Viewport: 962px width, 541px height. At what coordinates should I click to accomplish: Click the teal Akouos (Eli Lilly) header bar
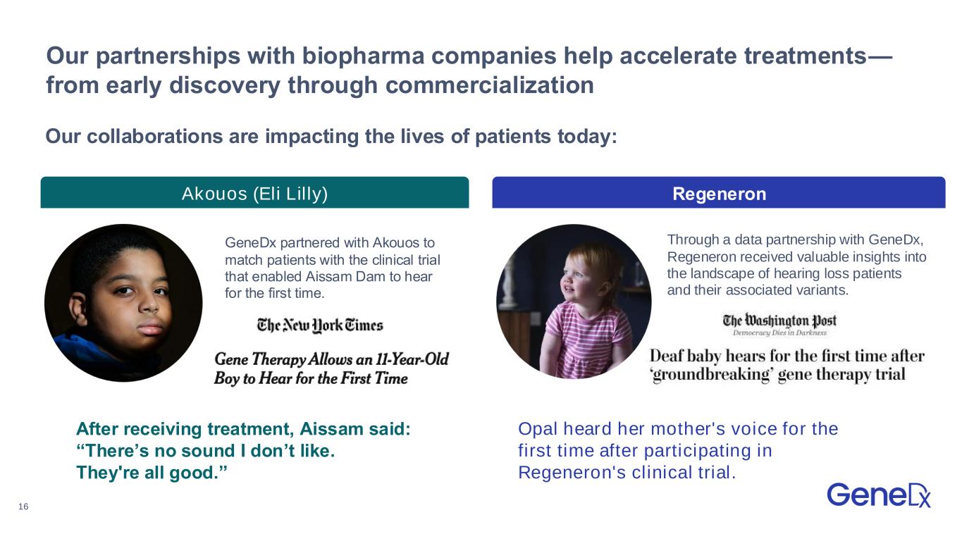tap(254, 192)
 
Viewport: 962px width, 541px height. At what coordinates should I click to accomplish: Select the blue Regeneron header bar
tap(718, 192)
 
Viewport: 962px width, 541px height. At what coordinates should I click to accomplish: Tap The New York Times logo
tap(320, 325)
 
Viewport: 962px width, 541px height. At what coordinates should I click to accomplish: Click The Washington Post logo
tap(779, 321)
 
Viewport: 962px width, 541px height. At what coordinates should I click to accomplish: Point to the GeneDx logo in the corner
tap(879, 495)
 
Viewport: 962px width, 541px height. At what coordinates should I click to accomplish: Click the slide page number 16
tap(23, 506)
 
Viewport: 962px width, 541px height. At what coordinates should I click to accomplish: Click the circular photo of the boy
tap(123, 303)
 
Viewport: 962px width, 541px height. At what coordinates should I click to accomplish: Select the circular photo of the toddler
tap(574, 301)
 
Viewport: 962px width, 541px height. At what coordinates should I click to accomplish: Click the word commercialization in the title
tap(490, 85)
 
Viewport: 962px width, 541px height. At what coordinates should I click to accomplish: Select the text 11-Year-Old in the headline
tap(412, 359)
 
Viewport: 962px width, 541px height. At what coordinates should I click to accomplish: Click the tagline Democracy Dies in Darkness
tap(779, 332)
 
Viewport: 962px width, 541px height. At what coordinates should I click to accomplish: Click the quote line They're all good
tap(152, 473)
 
